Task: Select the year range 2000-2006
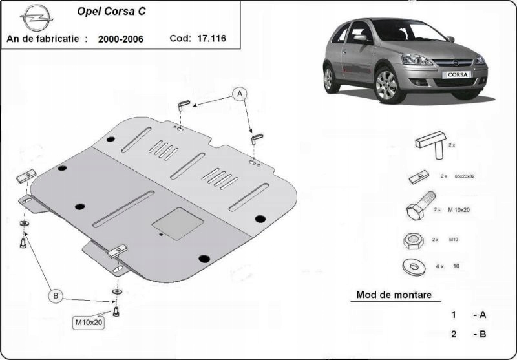point(121,39)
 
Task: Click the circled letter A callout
point(240,95)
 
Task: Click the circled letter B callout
point(56,296)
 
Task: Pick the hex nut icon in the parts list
point(412,240)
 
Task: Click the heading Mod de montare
point(394,295)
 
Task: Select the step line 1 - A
point(469,315)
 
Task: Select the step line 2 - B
point(469,334)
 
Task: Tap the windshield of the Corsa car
point(400,30)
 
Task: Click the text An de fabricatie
point(47,39)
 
